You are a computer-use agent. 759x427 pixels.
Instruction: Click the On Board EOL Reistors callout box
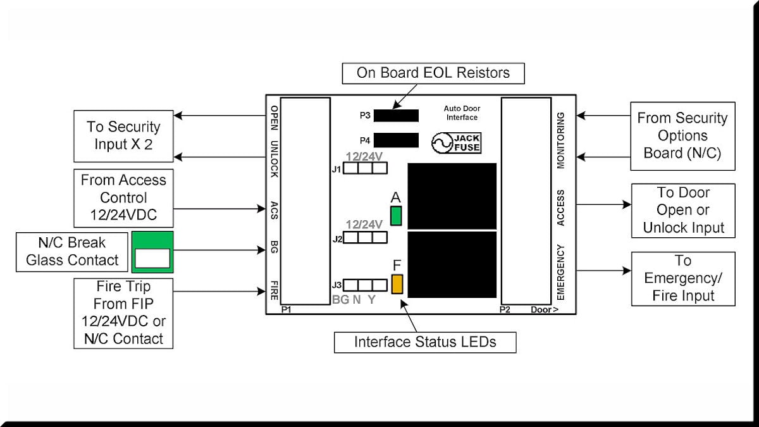pyautogui.click(x=433, y=73)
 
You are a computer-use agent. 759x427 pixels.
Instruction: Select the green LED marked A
pyautogui.click(x=397, y=216)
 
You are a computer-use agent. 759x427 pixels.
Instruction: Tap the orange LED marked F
pyautogui.click(x=397, y=284)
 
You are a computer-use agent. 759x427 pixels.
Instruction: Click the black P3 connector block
pyautogui.click(x=396, y=115)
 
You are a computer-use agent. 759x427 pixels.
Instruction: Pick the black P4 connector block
pyautogui.click(x=396, y=140)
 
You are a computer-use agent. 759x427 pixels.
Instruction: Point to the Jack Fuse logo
pyautogui.click(x=456, y=143)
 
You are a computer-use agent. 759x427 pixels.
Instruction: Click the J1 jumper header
pyautogui.click(x=366, y=168)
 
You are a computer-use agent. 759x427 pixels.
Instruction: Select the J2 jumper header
pyautogui.click(x=366, y=237)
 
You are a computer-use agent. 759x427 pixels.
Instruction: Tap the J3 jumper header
pyautogui.click(x=366, y=285)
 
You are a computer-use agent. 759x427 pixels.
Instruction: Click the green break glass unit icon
pyautogui.click(x=152, y=252)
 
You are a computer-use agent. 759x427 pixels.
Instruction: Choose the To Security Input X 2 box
pyautogui.click(x=123, y=135)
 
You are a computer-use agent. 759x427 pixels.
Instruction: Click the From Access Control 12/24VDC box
pyautogui.click(x=123, y=197)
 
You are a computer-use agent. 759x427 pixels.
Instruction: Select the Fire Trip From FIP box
pyautogui.click(x=123, y=313)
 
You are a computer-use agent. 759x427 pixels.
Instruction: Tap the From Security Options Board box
pyautogui.click(x=682, y=135)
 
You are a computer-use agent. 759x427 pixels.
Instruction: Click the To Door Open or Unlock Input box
pyautogui.click(x=683, y=211)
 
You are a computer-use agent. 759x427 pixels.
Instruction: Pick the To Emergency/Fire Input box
pyautogui.click(x=683, y=278)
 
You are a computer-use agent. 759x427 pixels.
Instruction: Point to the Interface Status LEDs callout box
pyautogui.click(x=425, y=342)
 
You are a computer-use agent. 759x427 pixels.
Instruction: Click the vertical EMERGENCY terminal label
pyautogui.click(x=560, y=272)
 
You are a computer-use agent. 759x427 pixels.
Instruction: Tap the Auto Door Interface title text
pyautogui.click(x=460, y=113)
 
